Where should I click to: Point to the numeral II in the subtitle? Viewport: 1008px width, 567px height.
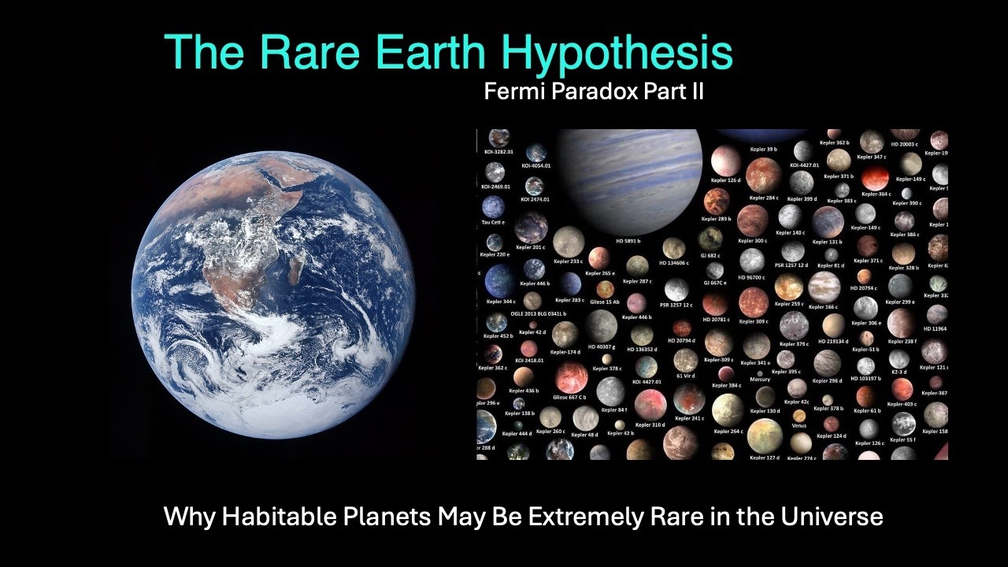pos(695,92)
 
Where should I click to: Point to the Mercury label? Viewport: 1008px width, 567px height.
pos(760,380)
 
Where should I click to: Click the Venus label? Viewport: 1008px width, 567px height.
pos(799,426)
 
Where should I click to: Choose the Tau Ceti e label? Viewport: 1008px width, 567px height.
pos(493,222)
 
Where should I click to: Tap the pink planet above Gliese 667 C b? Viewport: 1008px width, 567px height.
pos(571,377)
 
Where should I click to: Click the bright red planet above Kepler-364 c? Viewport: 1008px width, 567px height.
pos(875,177)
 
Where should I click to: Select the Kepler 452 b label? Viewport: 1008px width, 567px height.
pos(498,335)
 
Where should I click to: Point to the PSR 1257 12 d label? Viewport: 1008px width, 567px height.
pos(791,265)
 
